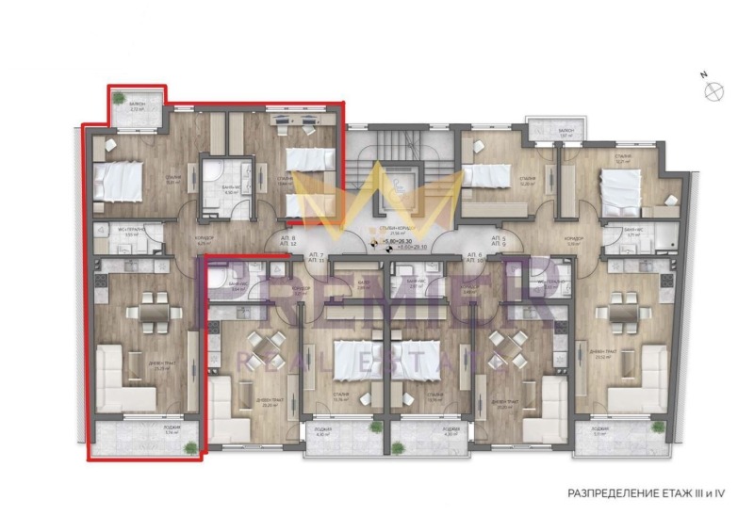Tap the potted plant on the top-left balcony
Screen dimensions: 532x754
pos(118,95)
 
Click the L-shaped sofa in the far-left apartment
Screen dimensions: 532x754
pos(123,378)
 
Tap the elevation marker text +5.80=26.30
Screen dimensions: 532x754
pos(404,242)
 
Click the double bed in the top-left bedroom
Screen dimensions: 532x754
pos(117,181)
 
